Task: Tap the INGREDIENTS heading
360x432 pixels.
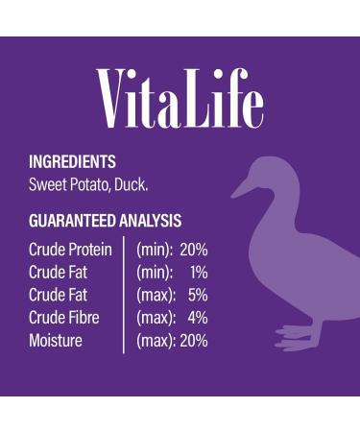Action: pyautogui.click(x=72, y=162)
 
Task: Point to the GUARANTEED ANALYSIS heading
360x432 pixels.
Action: pyautogui.click(x=105, y=220)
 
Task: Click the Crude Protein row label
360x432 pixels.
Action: pyautogui.click(x=70, y=249)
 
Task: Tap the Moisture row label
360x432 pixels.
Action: pyautogui.click(x=56, y=341)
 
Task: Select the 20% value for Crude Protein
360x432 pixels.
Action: pyautogui.click(x=194, y=249)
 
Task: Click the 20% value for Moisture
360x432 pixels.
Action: pyautogui.click(x=193, y=341)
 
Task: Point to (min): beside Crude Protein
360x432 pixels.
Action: pyautogui.click(x=155, y=249)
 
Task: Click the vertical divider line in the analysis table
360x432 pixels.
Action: pyautogui.click(x=123, y=295)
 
